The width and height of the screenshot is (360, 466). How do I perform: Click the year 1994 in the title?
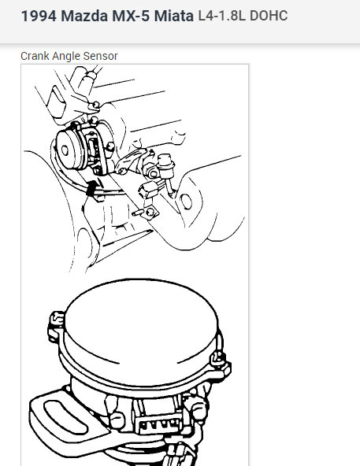(x=38, y=16)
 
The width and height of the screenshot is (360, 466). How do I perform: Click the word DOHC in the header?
(x=269, y=16)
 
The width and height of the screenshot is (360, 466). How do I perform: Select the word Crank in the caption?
(x=35, y=56)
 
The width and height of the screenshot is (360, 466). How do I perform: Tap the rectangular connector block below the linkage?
(x=147, y=191)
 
